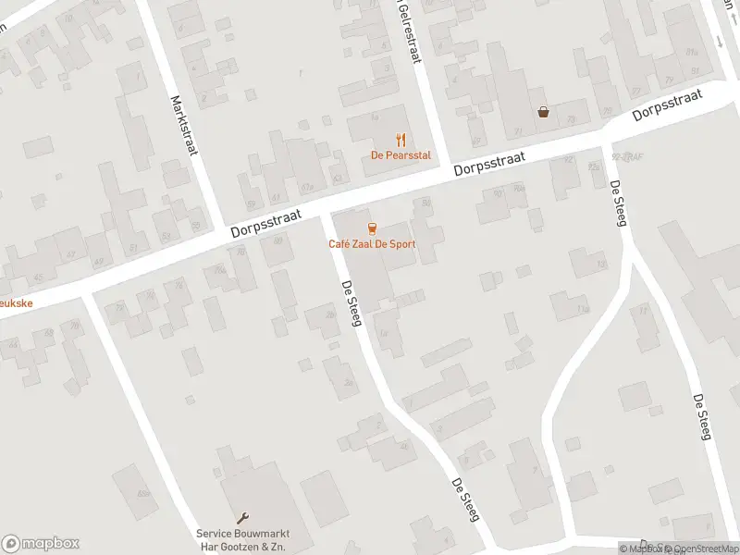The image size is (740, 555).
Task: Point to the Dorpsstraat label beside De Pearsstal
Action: pos(490,166)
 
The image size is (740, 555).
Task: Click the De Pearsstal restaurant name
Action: pos(401,154)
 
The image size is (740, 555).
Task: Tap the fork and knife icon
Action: pos(401,140)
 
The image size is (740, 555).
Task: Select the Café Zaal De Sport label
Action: pos(372,244)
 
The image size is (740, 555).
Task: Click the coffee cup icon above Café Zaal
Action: pos(372,228)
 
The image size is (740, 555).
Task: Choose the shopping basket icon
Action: pos(543,113)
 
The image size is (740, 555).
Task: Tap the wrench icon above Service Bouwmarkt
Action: pos(243,518)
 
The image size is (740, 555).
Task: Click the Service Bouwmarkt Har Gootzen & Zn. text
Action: pos(243,538)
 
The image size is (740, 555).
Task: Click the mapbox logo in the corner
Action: pos(41,544)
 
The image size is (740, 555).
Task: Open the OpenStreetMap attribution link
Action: pos(706,549)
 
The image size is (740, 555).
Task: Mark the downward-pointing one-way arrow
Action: pos(720,42)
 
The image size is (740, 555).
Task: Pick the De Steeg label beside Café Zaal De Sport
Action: pos(351,302)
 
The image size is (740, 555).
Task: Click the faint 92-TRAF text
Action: pos(628,156)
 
